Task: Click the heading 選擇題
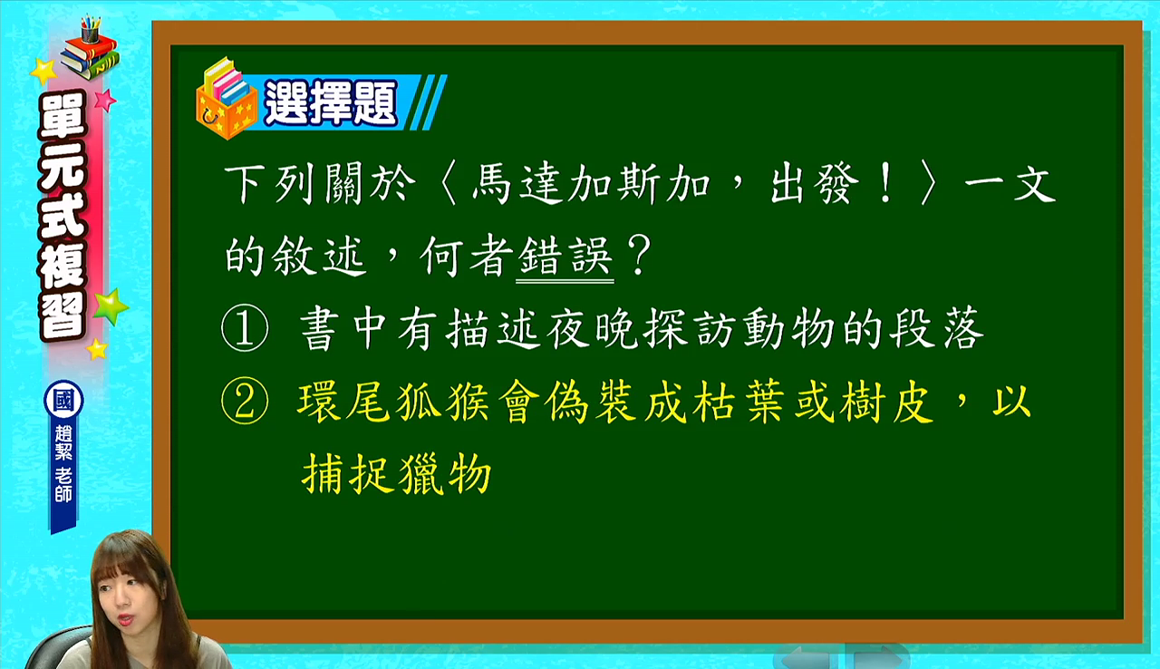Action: pos(332,102)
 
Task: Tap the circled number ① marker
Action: pos(245,328)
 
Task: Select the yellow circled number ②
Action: pos(245,402)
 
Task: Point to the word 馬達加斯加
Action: pos(591,184)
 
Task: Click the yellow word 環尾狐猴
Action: pos(394,402)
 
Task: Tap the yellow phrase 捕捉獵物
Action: pos(397,473)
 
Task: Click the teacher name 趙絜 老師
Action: pos(63,464)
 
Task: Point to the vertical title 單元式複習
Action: pos(63,217)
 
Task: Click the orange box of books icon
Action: pos(227,100)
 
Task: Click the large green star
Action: pos(111,306)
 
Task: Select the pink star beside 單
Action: pos(105,100)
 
